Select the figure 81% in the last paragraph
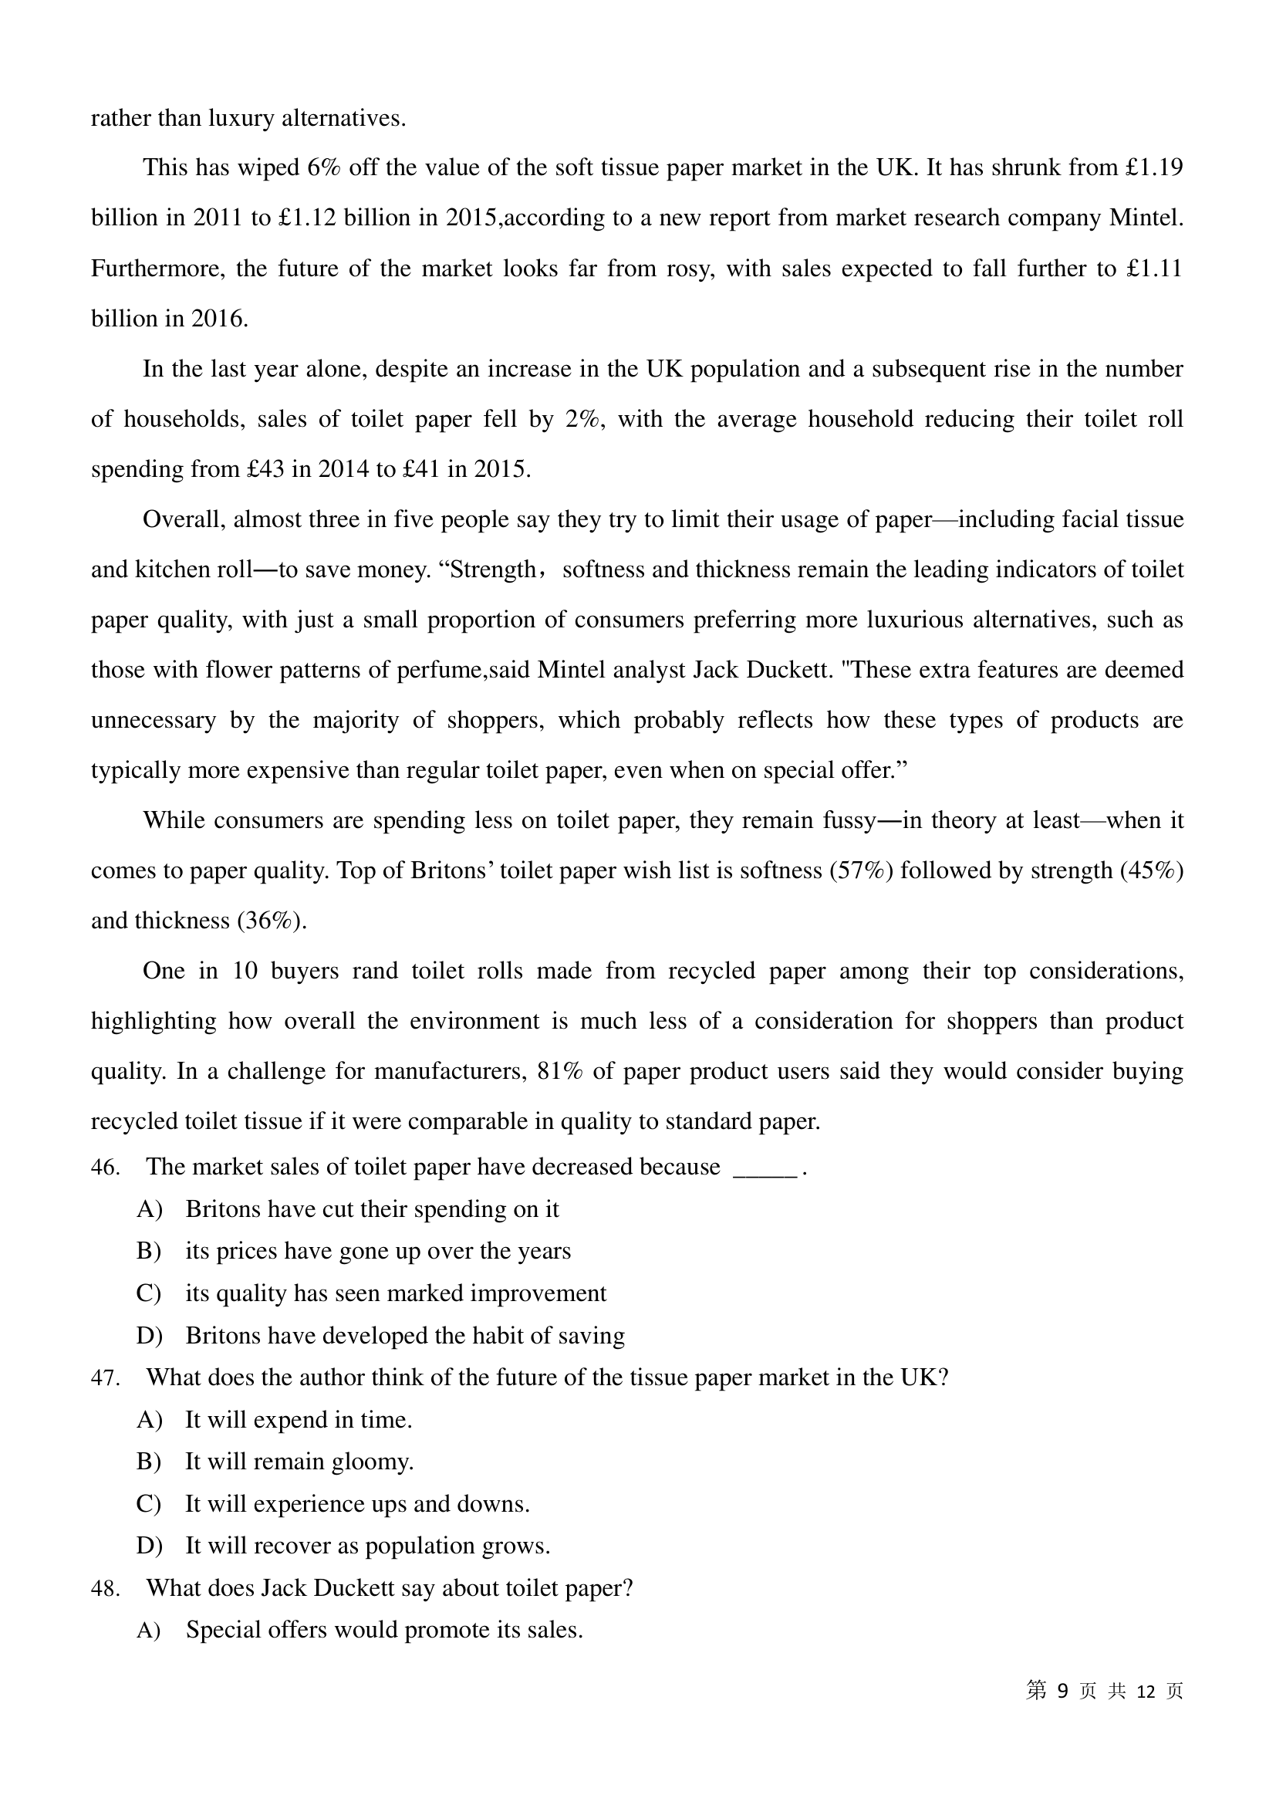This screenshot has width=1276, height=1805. click(x=559, y=1072)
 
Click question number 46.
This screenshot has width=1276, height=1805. click(x=105, y=1167)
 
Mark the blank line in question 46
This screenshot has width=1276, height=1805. click(x=765, y=1170)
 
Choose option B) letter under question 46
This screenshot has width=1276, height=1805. click(x=148, y=1251)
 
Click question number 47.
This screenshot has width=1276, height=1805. click(x=105, y=1377)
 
